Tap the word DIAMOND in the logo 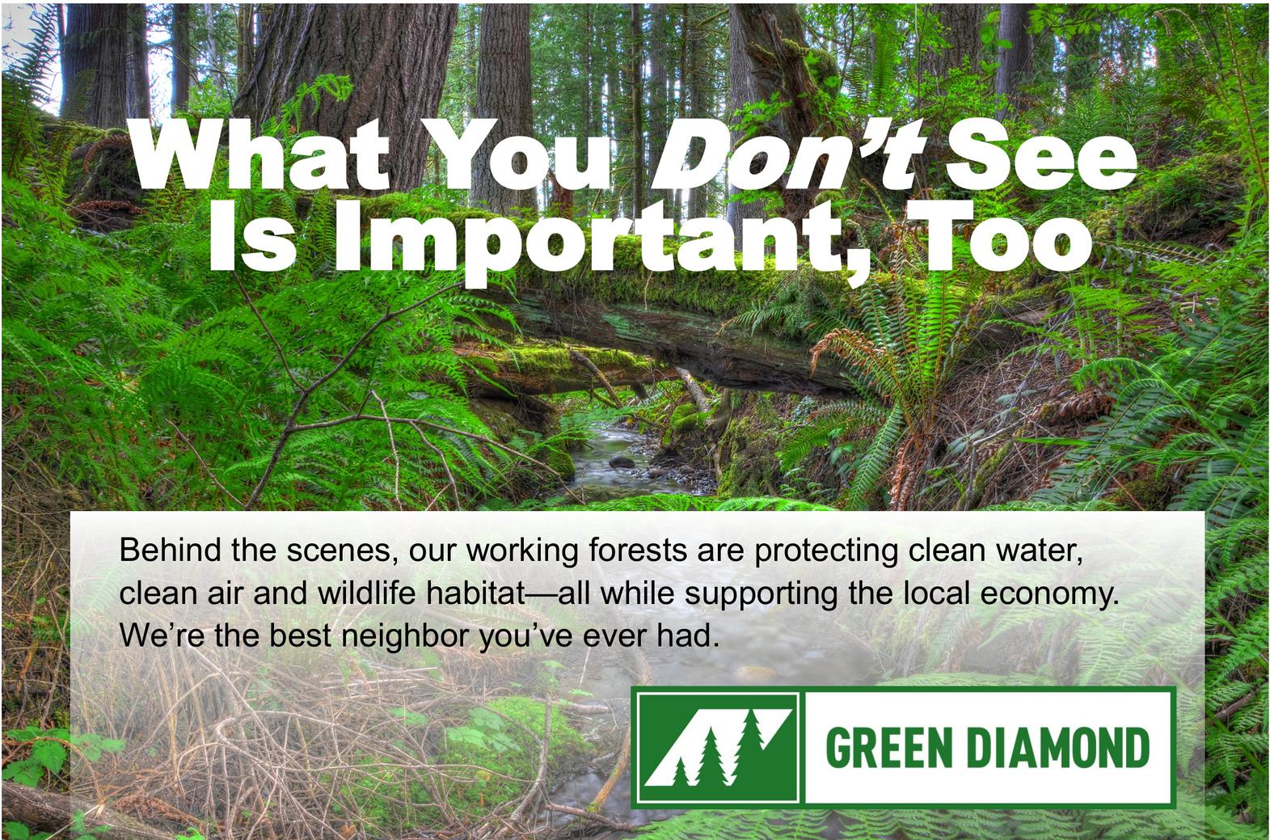click(x=1058, y=748)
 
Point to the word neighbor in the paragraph click(x=406, y=636)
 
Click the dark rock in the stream click(x=622, y=462)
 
